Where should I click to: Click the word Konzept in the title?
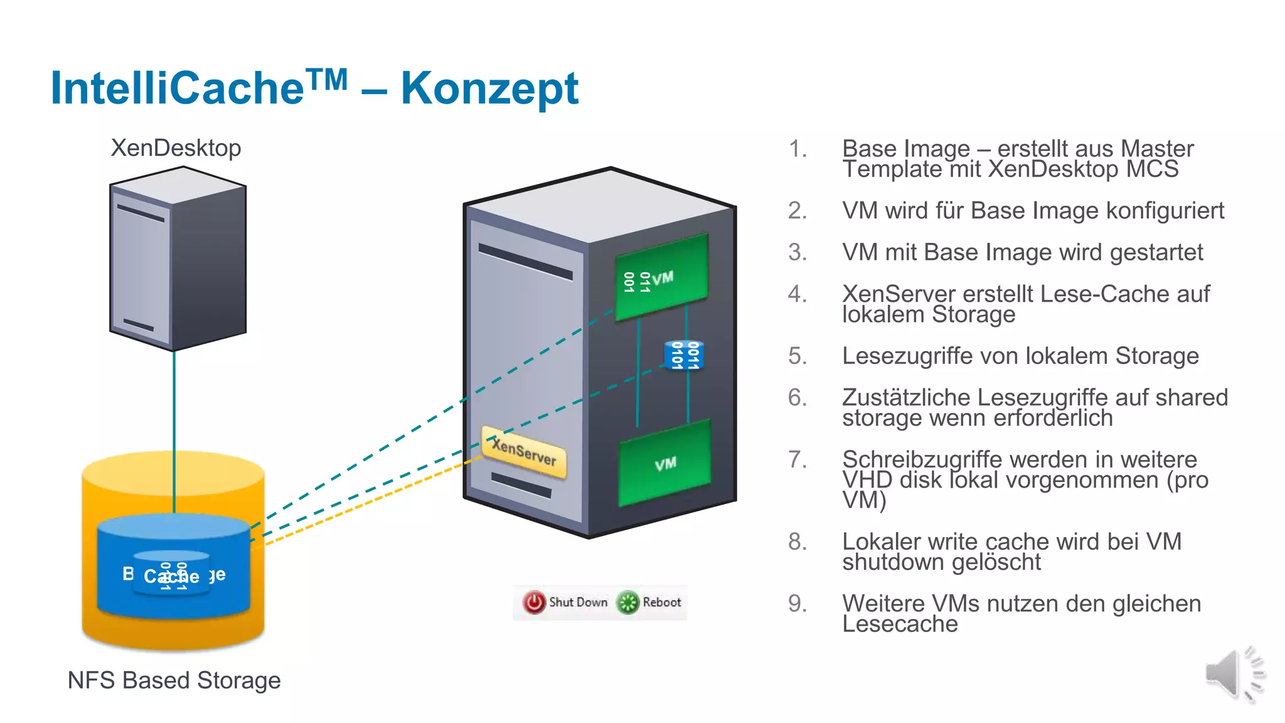489,88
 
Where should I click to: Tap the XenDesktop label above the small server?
176,148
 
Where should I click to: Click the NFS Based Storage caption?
174,680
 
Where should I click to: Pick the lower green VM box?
665,463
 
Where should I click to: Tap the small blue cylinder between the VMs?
684,355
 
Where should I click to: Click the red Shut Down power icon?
535,602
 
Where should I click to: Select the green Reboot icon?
627,602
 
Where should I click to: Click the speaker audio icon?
1233,673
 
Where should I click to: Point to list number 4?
797,294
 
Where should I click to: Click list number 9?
797,604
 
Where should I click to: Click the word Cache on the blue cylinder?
171,576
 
